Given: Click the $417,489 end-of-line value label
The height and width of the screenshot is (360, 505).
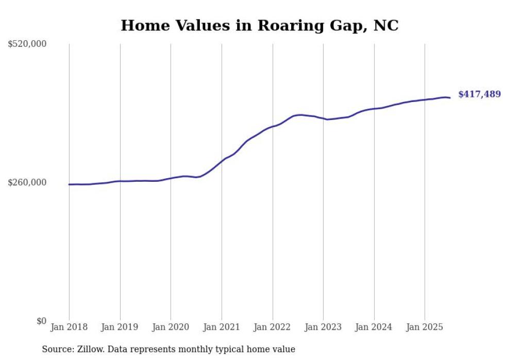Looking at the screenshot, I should pyautogui.click(x=479, y=94).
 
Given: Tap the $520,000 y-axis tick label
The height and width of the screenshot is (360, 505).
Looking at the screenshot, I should pyautogui.click(x=27, y=44).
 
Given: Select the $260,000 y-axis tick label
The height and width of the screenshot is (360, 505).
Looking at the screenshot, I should pyautogui.click(x=27, y=182).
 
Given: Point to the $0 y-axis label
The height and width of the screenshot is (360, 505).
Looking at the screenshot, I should pyautogui.click(x=41, y=321).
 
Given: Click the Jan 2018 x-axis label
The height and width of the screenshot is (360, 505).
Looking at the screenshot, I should pyautogui.click(x=69, y=327).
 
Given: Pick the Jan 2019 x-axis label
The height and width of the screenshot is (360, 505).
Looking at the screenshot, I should pyautogui.click(x=120, y=327).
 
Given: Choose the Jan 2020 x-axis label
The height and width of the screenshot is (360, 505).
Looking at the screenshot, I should pyautogui.click(x=171, y=327).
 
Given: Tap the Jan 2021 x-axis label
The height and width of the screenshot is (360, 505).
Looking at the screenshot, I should pyautogui.click(x=222, y=327).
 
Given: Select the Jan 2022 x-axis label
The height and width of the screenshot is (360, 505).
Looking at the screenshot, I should pyautogui.click(x=273, y=327).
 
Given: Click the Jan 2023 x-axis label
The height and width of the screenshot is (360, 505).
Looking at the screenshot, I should pyautogui.click(x=323, y=327).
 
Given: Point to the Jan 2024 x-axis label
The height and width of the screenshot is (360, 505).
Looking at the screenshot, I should pyautogui.click(x=374, y=327).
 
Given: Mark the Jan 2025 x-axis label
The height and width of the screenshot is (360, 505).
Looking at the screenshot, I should pyautogui.click(x=425, y=327).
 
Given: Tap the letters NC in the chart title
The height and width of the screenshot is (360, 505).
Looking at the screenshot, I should pyautogui.click(x=386, y=25).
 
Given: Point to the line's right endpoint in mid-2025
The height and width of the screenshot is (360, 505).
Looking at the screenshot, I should pyautogui.click(x=450, y=98).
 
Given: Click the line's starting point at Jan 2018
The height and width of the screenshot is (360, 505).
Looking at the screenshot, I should pyautogui.click(x=69, y=184).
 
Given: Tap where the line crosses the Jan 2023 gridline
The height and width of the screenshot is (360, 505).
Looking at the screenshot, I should pyautogui.click(x=323, y=118).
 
